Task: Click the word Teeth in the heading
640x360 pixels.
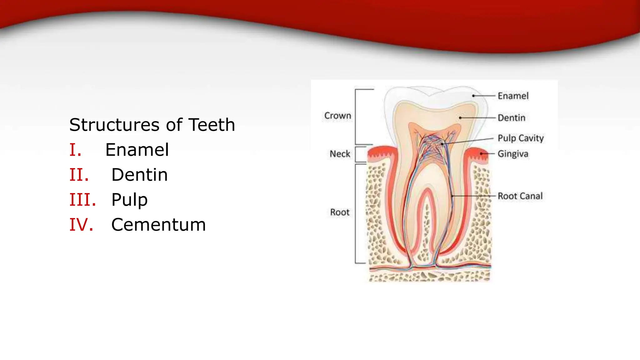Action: click(x=212, y=125)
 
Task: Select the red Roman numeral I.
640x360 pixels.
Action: click(x=75, y=150)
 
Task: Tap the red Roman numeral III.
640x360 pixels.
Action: click(x=82, y=200)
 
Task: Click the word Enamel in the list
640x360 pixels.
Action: click(x=137, y=150)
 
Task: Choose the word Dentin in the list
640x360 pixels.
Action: click(x=139, y=175)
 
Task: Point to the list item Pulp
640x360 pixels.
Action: click(x=129, y=200)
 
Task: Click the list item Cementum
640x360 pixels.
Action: click(x=158, y=225)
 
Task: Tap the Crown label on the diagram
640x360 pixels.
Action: click(x=337, y=116)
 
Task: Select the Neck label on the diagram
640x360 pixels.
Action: click(x=340, y=154)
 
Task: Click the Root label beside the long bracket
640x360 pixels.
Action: click(x=340, y=212)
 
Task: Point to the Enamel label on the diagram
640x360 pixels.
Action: click(x=513, y=96)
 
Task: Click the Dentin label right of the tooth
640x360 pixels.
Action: click(x=511, y=118)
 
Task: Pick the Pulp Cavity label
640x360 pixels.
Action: click(x=521, y=138)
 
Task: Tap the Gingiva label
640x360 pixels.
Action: click(x=513, y=154)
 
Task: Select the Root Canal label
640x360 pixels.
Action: click(x=520, y=196)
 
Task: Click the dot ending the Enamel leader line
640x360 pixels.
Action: click(x=473, y=96)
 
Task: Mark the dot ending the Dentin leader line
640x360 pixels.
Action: click(x=460, y=118)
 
